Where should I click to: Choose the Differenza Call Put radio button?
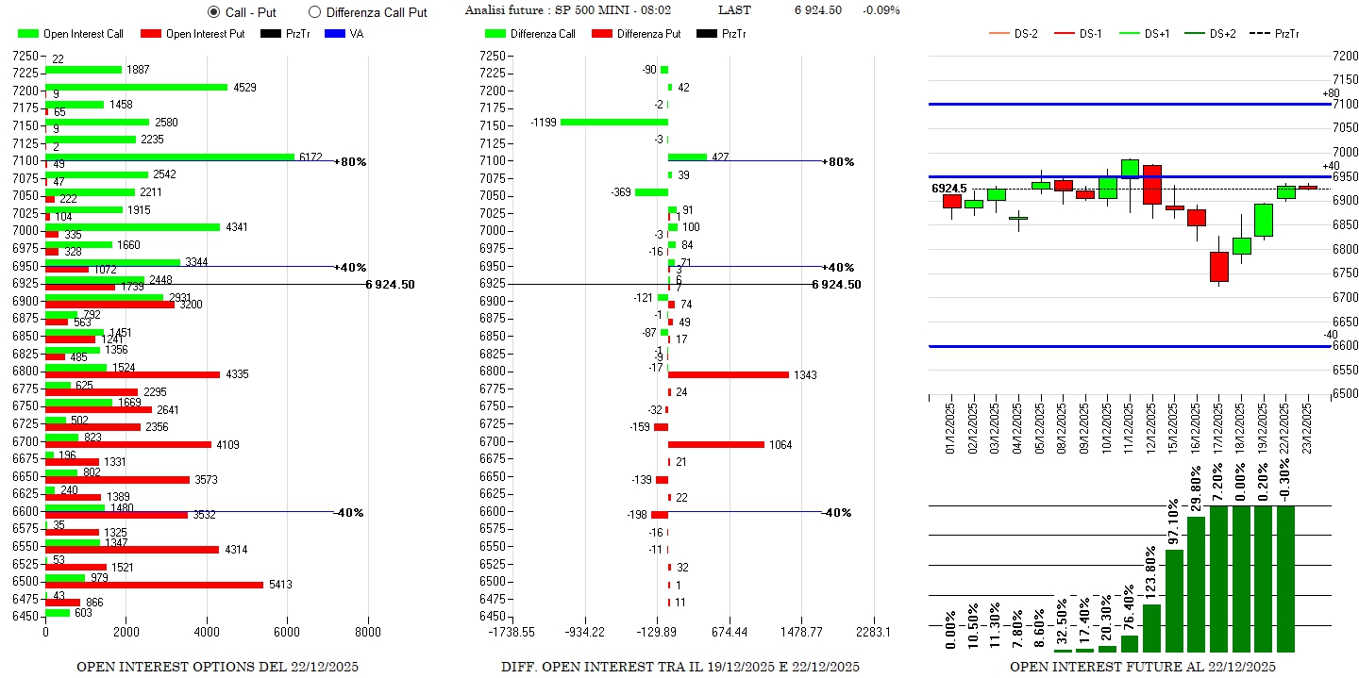tap(315, 12)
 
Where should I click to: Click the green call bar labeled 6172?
tap(170, 157)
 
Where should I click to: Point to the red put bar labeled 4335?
tap(132, 374)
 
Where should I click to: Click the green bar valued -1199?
tap(613, 122)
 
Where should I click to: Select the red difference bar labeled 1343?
tap(728, 374)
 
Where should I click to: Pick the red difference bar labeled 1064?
tap(715, 444)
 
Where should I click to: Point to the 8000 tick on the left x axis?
tap(368, 632)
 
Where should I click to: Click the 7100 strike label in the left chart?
tap(25, 160)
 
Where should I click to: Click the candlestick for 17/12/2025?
tap(1218, 266)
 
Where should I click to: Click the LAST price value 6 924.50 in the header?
tap(817, 10)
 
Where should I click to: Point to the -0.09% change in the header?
tap(881, 10)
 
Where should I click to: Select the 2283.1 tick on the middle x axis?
tap(871, 632)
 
